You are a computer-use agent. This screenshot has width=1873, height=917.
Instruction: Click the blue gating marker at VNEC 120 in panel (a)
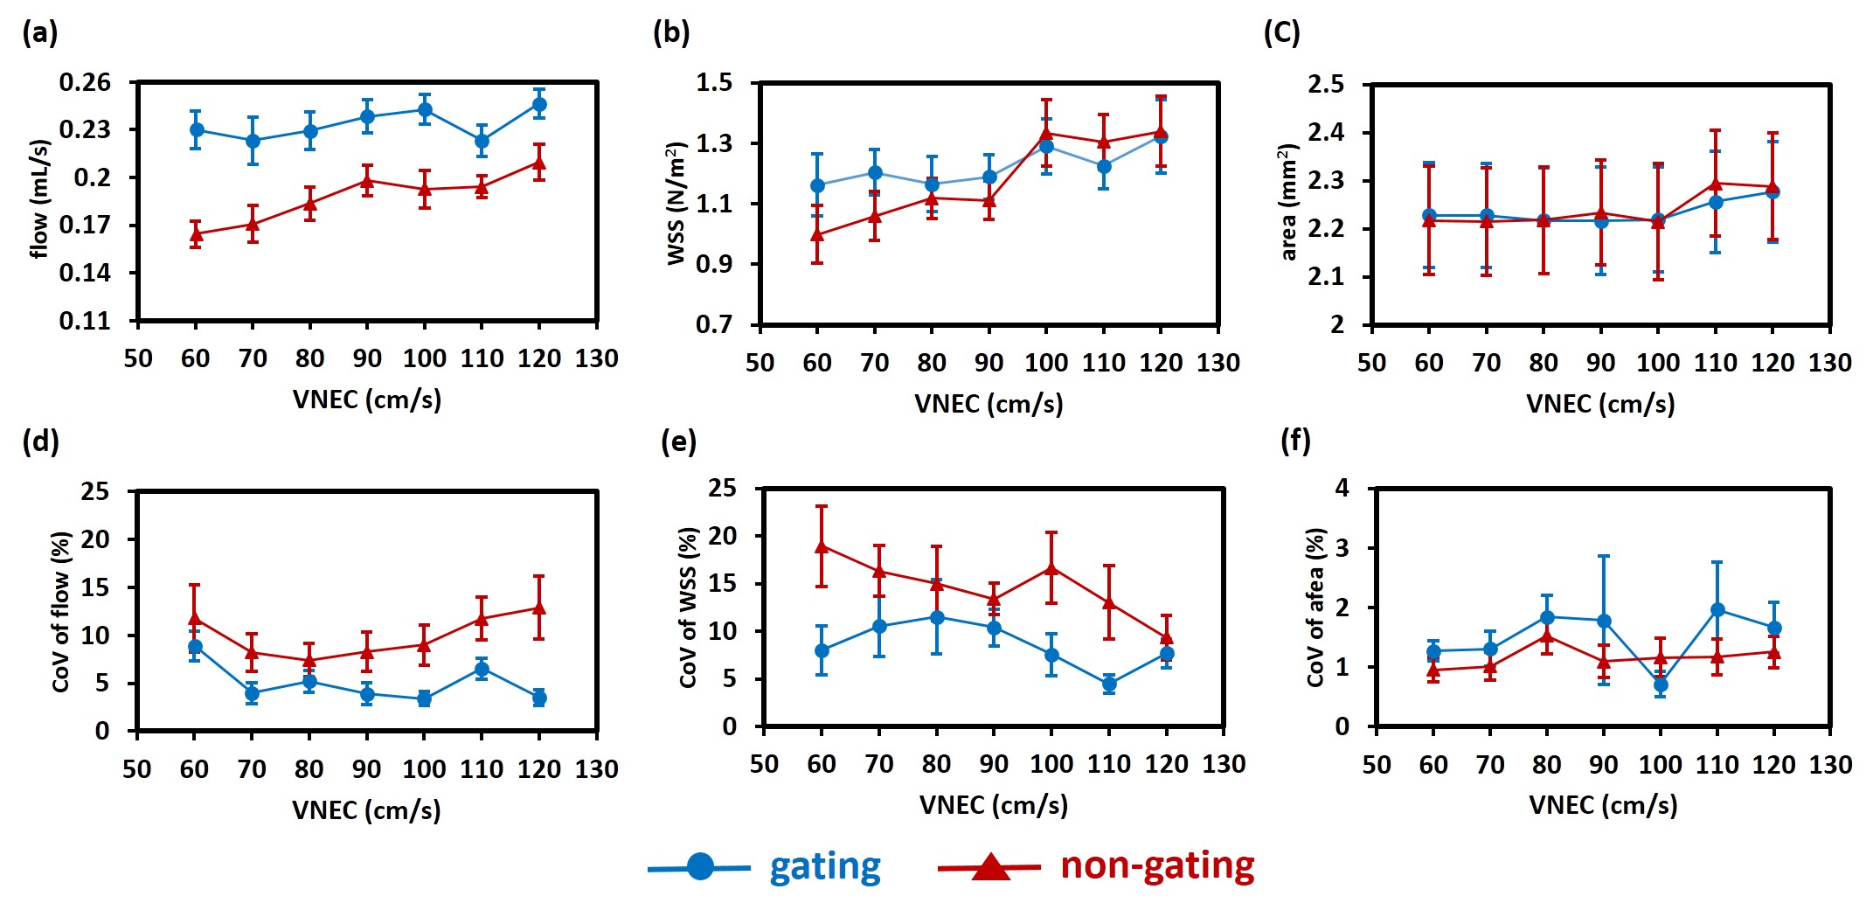539,105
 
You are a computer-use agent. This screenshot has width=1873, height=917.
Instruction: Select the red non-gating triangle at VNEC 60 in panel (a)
196,234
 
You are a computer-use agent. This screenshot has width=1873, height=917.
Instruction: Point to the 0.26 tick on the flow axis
85,82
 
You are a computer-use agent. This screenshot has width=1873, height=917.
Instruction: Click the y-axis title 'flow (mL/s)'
39,199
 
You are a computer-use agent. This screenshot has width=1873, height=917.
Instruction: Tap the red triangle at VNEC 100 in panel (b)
1046,133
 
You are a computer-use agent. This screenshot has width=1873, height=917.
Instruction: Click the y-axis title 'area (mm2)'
1287,203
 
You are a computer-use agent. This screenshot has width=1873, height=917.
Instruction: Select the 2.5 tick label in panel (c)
1325,85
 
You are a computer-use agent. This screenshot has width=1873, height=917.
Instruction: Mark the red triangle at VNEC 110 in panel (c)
1716,184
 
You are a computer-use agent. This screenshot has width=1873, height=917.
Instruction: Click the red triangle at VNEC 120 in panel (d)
539,608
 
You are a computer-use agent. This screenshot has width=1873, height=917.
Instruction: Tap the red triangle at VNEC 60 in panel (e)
822,546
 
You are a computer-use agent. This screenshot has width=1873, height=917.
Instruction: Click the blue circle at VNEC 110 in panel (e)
1109,684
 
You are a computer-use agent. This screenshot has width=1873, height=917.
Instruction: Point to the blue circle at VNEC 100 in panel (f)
1661,684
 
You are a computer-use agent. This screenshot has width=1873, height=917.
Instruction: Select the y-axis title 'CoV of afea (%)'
1315,608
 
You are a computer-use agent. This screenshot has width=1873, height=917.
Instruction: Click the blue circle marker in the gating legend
700,866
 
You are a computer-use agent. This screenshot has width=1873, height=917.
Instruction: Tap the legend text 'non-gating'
1157,865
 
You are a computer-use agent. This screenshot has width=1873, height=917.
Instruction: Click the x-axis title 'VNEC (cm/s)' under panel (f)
1603,805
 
